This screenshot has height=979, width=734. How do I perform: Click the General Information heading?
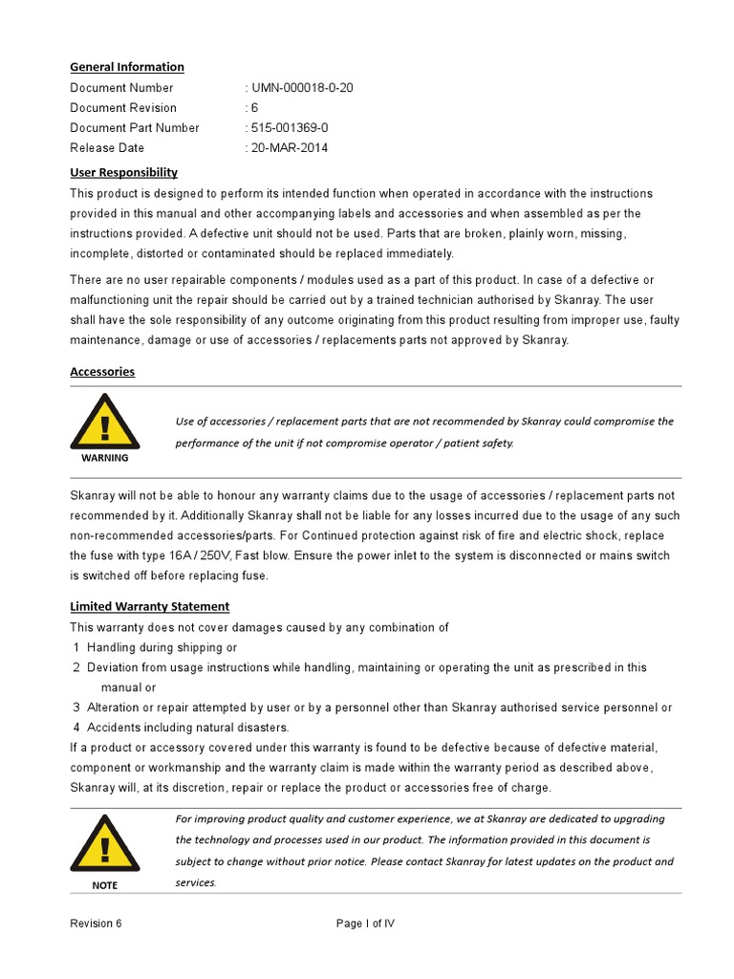(x=127, y=67)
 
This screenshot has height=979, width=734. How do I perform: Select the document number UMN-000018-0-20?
(x=302, y=88)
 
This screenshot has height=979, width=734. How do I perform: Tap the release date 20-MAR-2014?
(x=291, y=148)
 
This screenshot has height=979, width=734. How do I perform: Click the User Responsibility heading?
(x=124, y=172)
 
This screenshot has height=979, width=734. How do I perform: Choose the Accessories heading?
(x=102, y=372)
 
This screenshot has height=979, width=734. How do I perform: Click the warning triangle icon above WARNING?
(x=104, y=424)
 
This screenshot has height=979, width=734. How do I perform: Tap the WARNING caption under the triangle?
(x=104, y=458)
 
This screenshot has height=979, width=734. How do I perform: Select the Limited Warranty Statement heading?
(x=150, y=606)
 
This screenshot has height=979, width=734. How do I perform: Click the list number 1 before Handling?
(x=76, y=647)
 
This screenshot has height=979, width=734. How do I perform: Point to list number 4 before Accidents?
(x=76, y=728)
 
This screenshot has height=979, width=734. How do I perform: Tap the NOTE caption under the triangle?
(x=104, y=885)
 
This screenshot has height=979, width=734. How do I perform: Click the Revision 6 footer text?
(x=96, y=924)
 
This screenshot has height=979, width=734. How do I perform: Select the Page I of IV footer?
(x=365, y=924)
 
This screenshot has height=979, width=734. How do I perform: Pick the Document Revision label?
(x=123, y=108)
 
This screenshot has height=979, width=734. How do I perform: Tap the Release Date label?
(x=107, y=148)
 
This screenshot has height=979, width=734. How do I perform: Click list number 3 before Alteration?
(x=76, y=707)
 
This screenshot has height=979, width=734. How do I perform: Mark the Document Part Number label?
(x=135, y=128)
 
